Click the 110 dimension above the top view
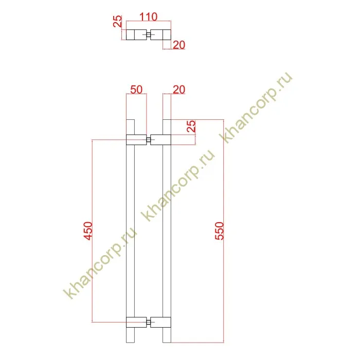click(x=148, y=17)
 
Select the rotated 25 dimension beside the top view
click(x=118, y=22)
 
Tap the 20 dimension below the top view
click(x=179, y=45)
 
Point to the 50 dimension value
click(x=136, y=89)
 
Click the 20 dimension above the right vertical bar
click(x=179, y=89)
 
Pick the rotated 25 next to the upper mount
click(x=191, y=126)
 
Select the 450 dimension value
click(x=88, y=231)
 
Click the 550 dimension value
click(x=219, y=231)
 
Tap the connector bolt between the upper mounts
click(x=149, y=139)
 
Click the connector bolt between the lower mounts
click(x=149, y=322)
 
